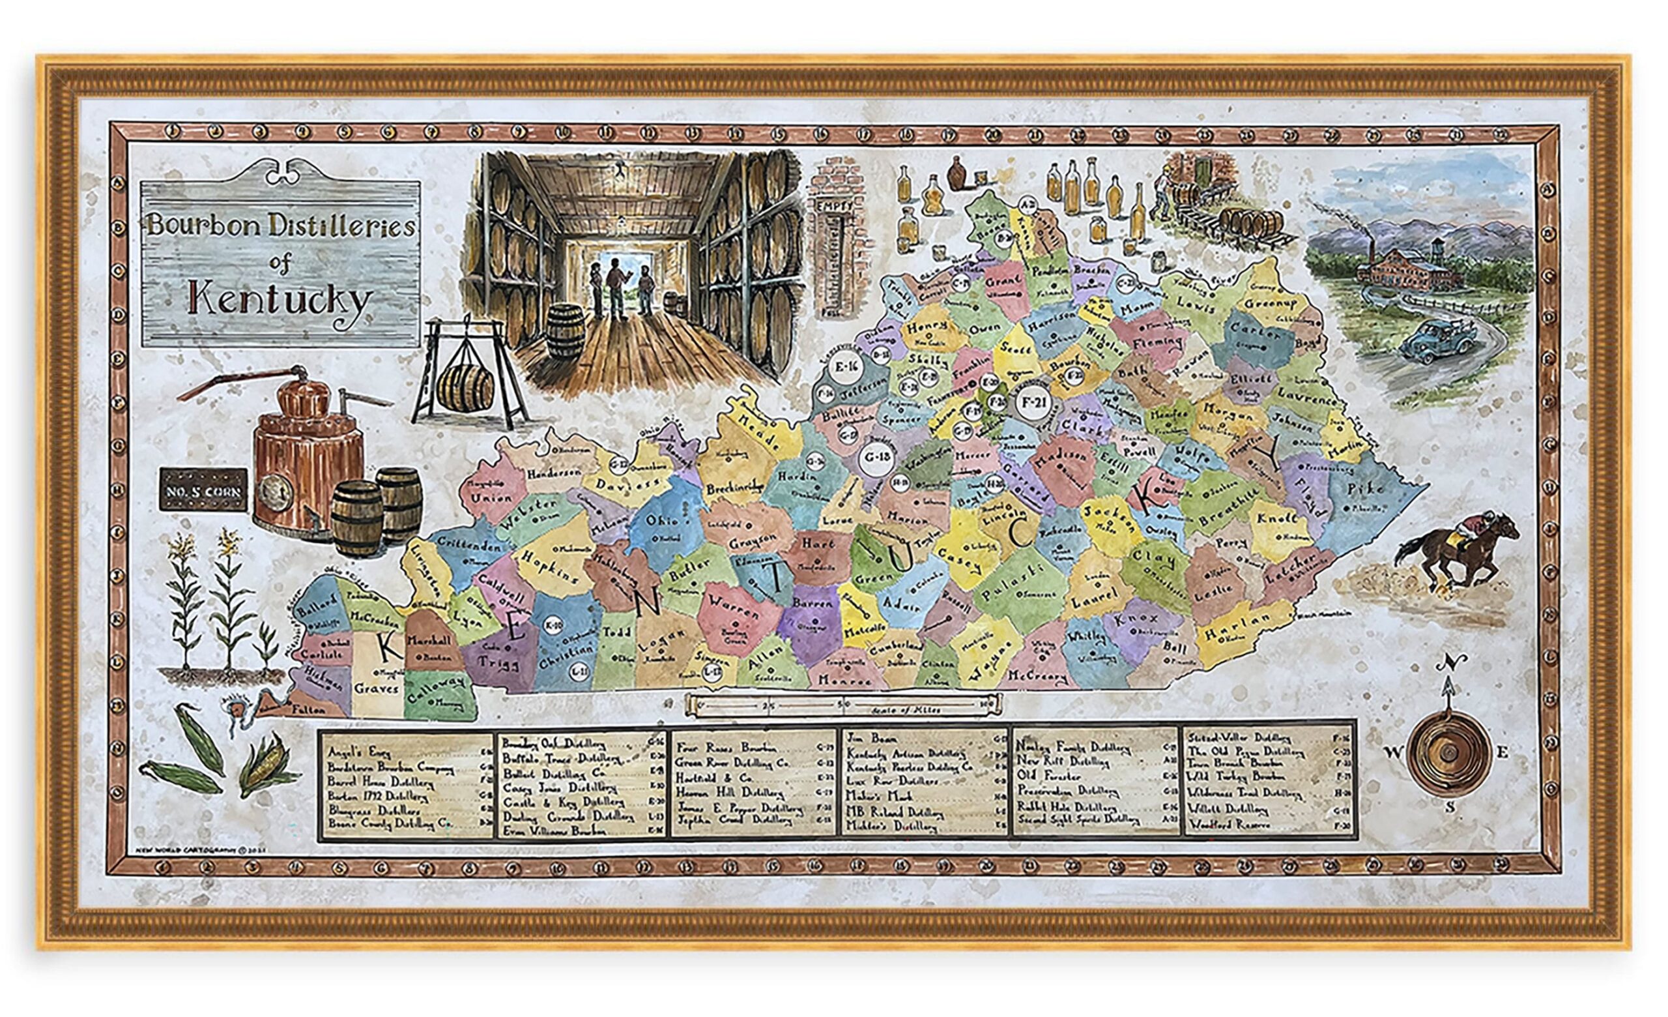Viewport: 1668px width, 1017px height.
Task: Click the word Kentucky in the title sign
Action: point(279,300)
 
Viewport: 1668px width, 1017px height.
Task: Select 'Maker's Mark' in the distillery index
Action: point(874,796)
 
